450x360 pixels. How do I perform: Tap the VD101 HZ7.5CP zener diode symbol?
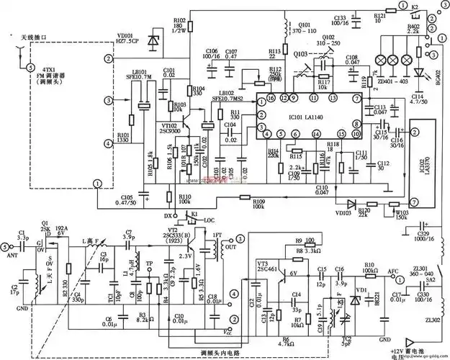[153, 42]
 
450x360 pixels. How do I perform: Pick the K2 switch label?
[415, 5]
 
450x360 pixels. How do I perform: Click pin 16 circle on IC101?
[271, 96]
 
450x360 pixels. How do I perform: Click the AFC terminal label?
[392, 271]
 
